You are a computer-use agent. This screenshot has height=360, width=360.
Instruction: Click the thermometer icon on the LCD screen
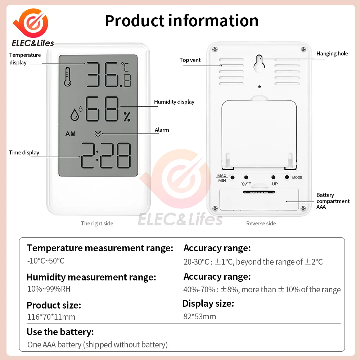[x=68, y=77]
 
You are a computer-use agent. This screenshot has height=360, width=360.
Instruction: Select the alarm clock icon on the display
[x=97, y=134]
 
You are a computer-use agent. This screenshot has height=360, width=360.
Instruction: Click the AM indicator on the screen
[x=71, y=134]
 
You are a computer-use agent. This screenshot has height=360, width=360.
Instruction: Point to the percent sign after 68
[x=127, y=116]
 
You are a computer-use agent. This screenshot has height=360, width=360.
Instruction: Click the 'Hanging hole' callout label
[x=332, y=54]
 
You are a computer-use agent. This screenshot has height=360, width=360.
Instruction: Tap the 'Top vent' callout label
[x=190, y=60]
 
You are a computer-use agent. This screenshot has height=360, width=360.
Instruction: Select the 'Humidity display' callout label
[x=174, y=102]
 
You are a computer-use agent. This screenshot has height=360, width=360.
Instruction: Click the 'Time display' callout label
[x=24, y=153]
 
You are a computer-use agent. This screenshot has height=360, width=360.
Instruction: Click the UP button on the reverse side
[x=274, y=177]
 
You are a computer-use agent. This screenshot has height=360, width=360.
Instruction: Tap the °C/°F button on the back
[x=246, y=177]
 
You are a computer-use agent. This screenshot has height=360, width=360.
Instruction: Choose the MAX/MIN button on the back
[x=233, y=177]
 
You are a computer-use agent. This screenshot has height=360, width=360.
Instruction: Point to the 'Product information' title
[x=181, y=21]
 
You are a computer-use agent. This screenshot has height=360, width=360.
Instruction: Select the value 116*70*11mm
[x=51, y=317]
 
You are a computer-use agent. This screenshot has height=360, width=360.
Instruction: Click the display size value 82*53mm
[x=199, y=316]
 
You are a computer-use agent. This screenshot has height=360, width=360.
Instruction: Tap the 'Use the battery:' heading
[x=60, y=332]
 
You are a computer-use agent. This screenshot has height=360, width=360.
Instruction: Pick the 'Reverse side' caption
[x=261, y=224]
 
